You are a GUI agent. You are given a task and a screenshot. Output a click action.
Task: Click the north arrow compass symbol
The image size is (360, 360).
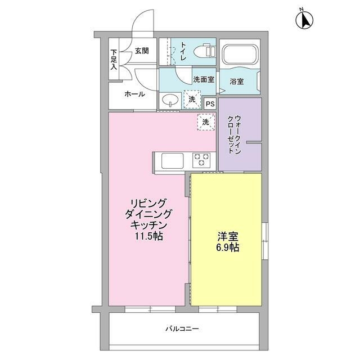coord(304,20)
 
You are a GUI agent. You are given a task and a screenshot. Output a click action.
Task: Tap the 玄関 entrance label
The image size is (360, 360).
coord(142,51)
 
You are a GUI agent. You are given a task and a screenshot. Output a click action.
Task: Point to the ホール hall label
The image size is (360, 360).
coord(134,94)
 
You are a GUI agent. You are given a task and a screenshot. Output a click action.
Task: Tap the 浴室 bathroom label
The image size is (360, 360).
coord(236,82)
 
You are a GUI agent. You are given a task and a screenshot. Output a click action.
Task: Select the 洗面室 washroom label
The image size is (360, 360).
coord(203,79)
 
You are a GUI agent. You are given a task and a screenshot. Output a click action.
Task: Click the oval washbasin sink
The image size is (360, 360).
coord(170,101)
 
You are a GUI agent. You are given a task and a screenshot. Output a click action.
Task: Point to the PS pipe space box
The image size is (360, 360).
coord(210,103)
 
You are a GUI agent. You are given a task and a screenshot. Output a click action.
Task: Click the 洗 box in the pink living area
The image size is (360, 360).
coord(205,121)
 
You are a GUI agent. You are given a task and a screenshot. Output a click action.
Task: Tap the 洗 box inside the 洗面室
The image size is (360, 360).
coord(192,100)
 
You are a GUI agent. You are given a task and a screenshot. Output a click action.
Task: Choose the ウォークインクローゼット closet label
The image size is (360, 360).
coord(235,135)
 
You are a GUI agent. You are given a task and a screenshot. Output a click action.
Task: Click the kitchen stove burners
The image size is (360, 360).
coord(201,160)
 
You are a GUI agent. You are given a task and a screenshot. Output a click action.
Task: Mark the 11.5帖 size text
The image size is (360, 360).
coord(148,236)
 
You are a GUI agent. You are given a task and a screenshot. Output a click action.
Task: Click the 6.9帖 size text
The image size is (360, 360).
coord(228,247)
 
